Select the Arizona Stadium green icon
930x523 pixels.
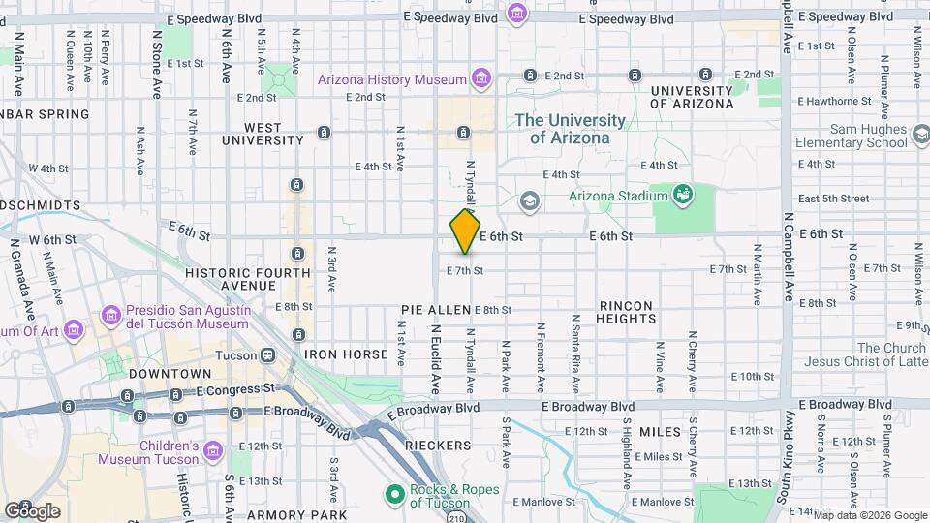pos(683,194)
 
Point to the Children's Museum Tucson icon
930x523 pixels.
pos(213,451)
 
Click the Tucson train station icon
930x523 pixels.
pos(265,354)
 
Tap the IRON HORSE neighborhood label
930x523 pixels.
pos(346,354)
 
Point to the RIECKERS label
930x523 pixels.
pos(438,446)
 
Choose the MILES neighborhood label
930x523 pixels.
pos(661,432)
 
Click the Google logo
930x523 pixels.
pos(33,510)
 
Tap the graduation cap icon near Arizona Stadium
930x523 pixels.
pos(529,200)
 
